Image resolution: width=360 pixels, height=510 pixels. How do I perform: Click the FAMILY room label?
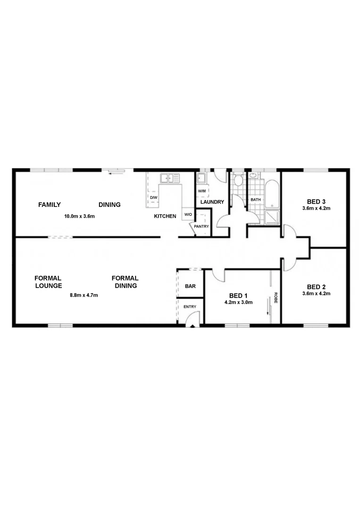[x=49, y=204]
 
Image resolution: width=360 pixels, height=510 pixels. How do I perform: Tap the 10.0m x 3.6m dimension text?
[x=80, y=217]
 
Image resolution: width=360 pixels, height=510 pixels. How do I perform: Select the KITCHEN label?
[x=165, y=216]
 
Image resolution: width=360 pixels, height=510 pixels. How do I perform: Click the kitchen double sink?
[x=170, y=178]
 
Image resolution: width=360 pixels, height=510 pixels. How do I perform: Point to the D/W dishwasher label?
[x=153, y=197]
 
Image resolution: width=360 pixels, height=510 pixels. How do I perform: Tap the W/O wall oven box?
[x=188, y=215]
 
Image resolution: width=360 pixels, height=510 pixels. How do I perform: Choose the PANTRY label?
[x=201, y=226]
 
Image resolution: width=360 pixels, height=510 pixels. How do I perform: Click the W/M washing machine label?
[x=201, y=191]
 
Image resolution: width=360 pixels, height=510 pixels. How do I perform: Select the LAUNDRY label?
[x=212, y=202]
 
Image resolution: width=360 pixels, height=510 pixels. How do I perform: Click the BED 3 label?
[x=316, y=201]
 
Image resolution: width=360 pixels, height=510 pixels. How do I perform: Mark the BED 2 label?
[x=316, y=287]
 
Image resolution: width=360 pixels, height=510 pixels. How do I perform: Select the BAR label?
[x=190, y=286]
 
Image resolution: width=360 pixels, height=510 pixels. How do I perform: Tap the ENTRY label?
[x=190, y=307]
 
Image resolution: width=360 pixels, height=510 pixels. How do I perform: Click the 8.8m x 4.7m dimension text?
[x=84, y=295]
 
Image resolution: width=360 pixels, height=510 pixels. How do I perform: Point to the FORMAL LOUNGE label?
[x=48, y=282]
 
